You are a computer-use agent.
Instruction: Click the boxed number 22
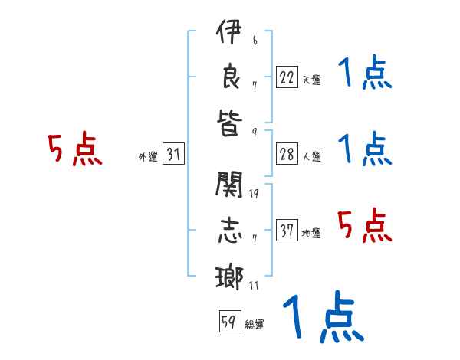pyautogui.click(x=287, y=76)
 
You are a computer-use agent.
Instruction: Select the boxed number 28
pyautogui.click(x=287, y=154)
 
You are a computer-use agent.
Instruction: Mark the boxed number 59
pyautogui.click(x=228, y=322)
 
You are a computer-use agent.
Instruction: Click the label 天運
pyautogui.click(x=311, y=79)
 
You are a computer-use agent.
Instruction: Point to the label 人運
pyautogui.click(x=311, y=157)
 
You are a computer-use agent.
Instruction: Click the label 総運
pyautogui.click(x=255, y=325)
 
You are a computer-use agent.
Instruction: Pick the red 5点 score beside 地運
pyautogui.click(x=365, y=227)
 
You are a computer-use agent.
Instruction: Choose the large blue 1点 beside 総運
pyautogui.click(x=322, y=317)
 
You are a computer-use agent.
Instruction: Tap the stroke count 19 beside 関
pyautogui.click(x=254, y=194)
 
